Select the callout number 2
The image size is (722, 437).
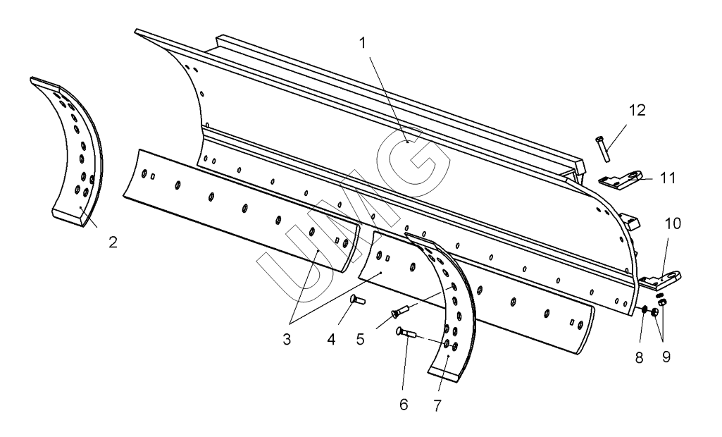[113, 242]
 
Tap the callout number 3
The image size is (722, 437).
[287, 339]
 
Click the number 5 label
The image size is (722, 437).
[360, 339]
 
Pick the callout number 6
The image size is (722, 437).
[404, 405]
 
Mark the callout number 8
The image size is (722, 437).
[640, 357]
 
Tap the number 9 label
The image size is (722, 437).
[666, 357]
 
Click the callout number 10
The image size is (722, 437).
[673, 224]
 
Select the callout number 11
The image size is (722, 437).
[668, 178]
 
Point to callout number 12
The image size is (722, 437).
[637, 111]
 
